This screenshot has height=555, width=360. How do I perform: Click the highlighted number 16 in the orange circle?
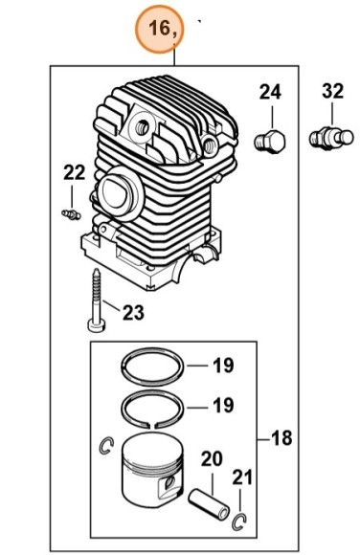click(159, 28)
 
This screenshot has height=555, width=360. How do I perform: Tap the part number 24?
click(270, 92)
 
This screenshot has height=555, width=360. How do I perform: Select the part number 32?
click(333, 91)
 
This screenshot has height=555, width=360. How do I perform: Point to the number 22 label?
click(75, 173)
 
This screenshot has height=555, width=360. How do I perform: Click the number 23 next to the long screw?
click(133, 312)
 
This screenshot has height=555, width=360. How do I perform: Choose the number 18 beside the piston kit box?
click(281, 437)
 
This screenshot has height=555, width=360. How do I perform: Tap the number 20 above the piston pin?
click(212, 459)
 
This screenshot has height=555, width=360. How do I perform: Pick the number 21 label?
click(242, 477)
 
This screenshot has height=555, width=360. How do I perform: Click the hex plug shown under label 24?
click(270, 142)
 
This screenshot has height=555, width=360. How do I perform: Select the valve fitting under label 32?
click(331, 138)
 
